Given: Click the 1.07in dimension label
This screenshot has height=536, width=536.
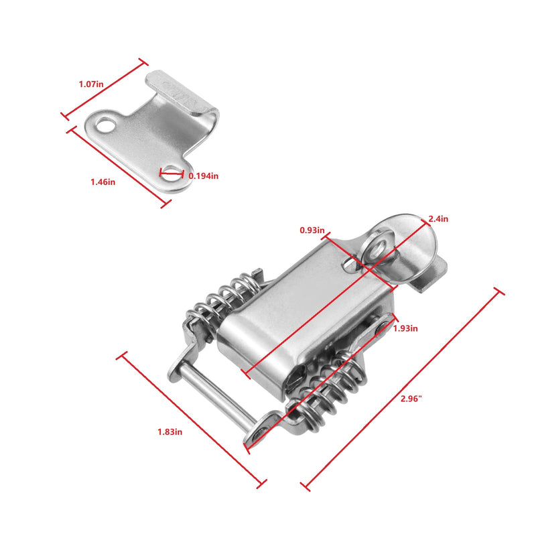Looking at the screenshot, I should (x=91, y=84).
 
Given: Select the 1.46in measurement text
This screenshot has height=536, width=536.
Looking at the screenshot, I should (x=103, y=182).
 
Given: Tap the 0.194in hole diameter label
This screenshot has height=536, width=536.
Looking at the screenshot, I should (x=203, y=176).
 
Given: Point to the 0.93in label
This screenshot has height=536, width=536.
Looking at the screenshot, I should (x=312, y=230).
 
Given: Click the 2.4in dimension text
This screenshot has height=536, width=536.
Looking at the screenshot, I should (x=439, y=218).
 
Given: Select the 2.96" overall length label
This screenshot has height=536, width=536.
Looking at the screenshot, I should (x=410, y=398).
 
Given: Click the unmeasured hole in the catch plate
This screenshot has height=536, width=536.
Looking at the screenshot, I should (x=105, y=125).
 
